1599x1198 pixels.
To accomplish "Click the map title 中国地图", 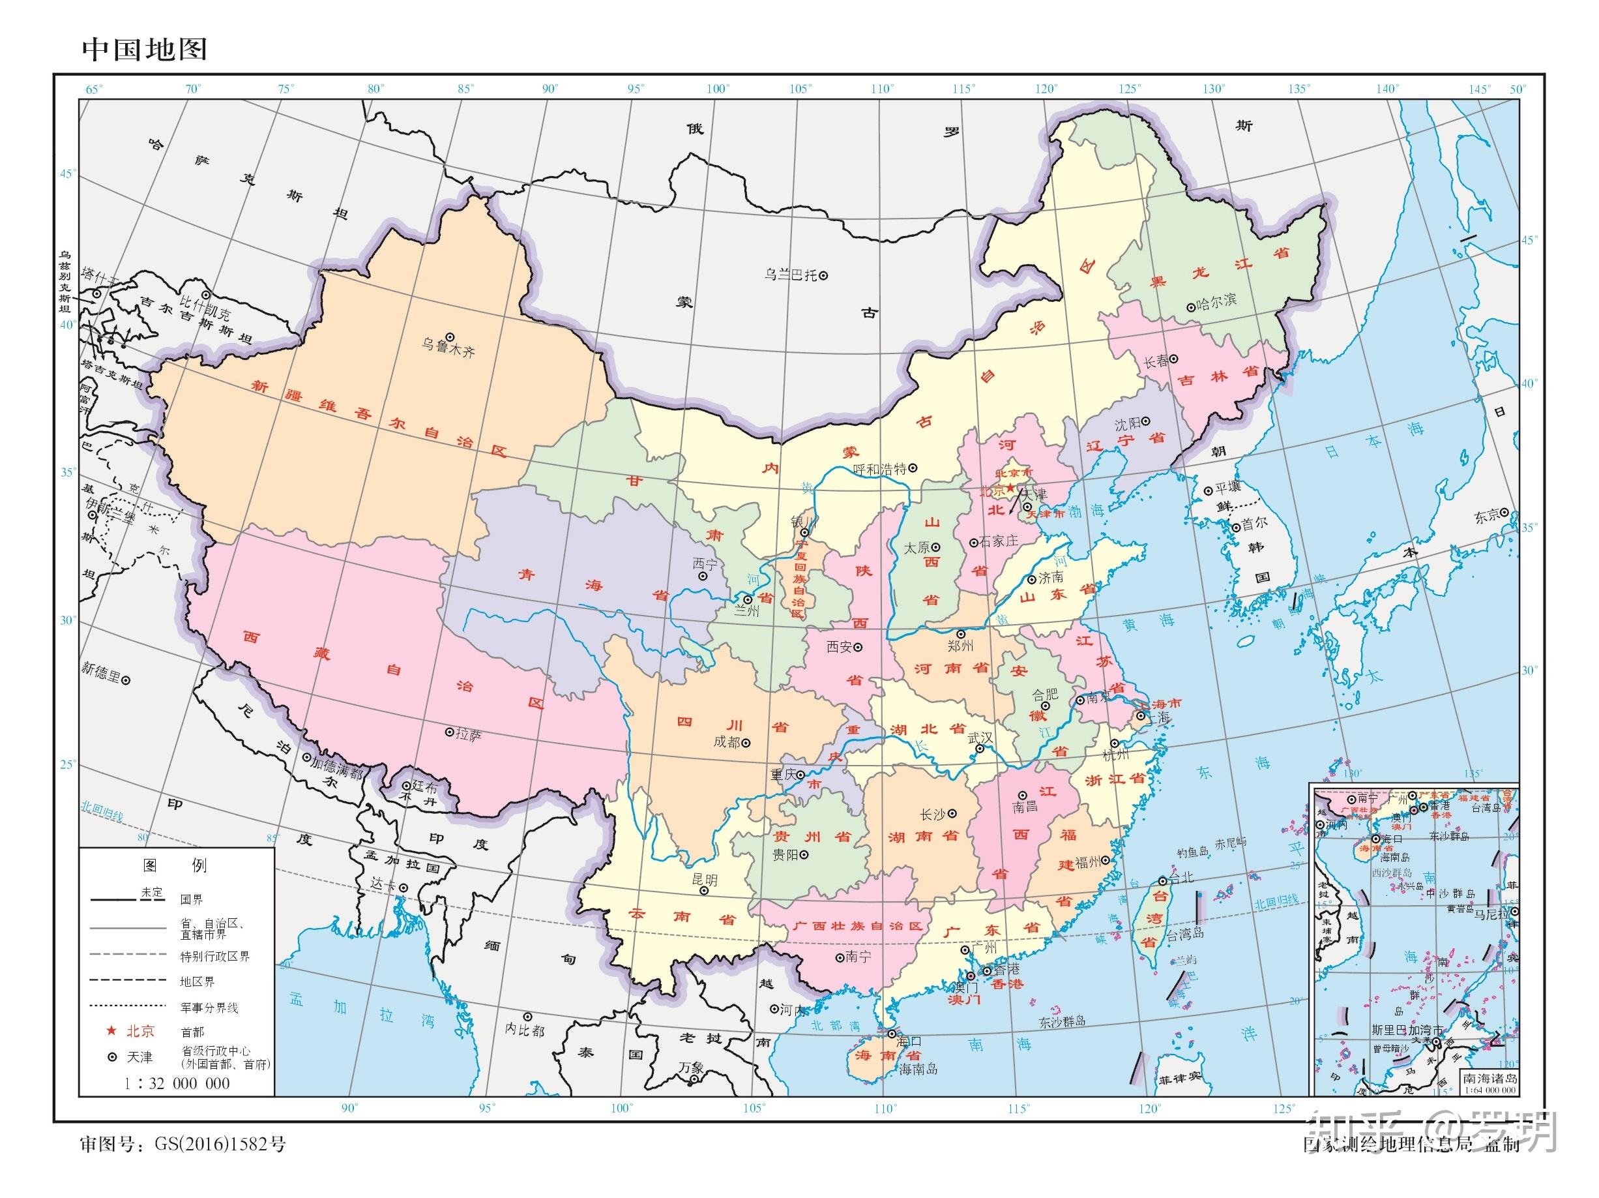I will (145, 49).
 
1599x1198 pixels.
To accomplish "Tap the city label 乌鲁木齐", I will (448, 352).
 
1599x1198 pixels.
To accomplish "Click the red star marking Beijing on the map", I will (1010, 488).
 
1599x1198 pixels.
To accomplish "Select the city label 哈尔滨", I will (1217, 301).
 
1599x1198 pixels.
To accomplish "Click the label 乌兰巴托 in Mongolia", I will (790, 275).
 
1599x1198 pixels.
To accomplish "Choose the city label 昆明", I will (705, 880).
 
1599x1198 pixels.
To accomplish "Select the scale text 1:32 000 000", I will (177, 1083).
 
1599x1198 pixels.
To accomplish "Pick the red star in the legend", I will (112, 1030).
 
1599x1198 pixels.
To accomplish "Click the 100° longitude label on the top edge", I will (718, 89).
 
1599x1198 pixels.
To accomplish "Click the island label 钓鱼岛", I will (1192, 852).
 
